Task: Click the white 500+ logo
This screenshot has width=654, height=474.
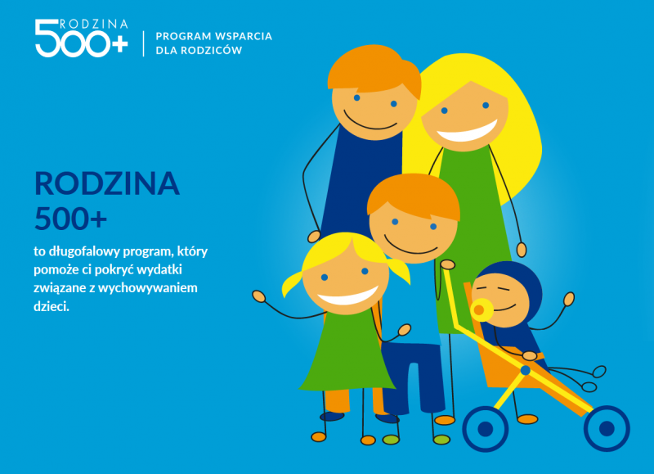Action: pos(81,38)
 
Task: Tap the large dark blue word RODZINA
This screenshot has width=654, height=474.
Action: pos(107,183)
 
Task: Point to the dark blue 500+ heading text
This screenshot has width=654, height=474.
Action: pos(70,219)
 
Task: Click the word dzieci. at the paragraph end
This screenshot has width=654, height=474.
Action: pos(52,306)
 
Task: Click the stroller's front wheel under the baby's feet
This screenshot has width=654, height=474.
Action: pos(607,428)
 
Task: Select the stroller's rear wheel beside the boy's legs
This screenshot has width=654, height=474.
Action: pos(486,429)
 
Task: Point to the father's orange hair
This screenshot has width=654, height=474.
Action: pos(374,69)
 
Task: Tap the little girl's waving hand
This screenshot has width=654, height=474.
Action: pos(258,296)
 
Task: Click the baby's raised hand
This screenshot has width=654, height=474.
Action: pos(569,299)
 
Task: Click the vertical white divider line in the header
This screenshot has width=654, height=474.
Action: pos(144,43)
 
